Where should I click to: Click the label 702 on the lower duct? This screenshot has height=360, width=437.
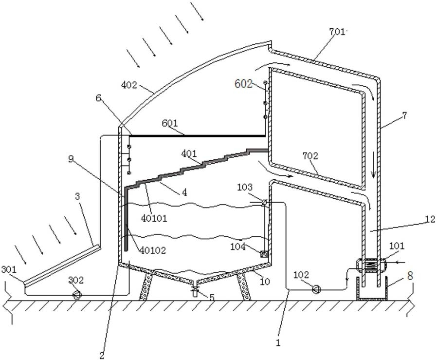[x=310, y=156]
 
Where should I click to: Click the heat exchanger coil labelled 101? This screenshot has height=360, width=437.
[x=371, y=266]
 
